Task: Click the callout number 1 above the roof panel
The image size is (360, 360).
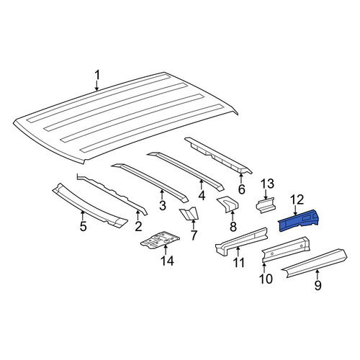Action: coord(97,75)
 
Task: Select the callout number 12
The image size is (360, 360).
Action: coord(297,199)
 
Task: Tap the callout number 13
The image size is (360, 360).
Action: coord(267,184)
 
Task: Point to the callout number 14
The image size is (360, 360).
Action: coord(167,261)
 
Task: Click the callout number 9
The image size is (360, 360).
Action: coord(318,285)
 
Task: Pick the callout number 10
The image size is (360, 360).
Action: coord(266,279)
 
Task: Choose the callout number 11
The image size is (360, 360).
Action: coord(238,263)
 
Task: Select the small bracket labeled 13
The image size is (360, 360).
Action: coord(266,204)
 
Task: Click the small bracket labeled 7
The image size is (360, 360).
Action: coord(189,213)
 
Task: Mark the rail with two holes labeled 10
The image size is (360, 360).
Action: coord(286,250)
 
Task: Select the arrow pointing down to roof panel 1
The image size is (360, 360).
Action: coord(96,86)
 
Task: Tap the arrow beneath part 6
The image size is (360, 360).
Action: coord(241,177)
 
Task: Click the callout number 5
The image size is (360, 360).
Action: coord(83,226)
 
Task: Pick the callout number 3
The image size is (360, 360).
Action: coord(163,205)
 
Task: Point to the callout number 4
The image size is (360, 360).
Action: coord(202,195)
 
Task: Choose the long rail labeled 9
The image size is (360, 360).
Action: coord(315,264)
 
